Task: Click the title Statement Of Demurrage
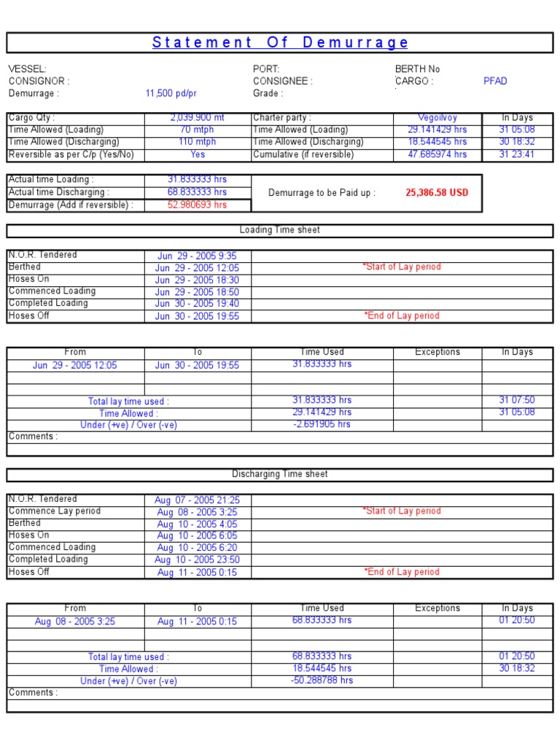tap(280, 42)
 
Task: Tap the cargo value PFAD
tap(495, 81)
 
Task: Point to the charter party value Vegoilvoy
tap(437, 117)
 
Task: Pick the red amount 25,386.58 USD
tap(437, 193)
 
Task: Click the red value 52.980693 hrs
tap(197, 205)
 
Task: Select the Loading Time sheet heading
tap(280, 230)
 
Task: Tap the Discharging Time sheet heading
tap(280, 474)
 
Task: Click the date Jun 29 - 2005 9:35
tap(197, 256)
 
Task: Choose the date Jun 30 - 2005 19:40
tap(197, 304)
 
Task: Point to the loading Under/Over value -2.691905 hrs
tap(322, 424)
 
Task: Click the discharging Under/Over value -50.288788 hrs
tap(322, 680)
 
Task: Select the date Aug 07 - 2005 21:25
tap(197, 500)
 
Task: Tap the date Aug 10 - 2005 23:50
tap(197, 559)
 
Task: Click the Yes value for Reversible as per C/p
tap(198, 154)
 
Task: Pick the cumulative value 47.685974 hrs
tap(437, 154)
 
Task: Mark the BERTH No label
tap(417, 69)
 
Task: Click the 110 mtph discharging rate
tap(198, 142)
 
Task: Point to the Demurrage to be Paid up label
tap(322, 193)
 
